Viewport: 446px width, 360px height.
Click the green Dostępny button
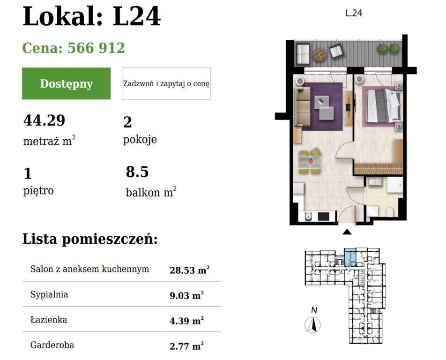pos(66,83)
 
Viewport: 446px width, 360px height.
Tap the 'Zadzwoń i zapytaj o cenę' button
pos(166,83)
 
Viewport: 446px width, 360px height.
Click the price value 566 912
pos(96,48)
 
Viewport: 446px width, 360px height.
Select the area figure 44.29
pos(44,120)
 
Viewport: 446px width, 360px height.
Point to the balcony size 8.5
pos(137,172)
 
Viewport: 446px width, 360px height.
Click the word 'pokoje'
pos(140,140)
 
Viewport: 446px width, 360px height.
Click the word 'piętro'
pos(38,191)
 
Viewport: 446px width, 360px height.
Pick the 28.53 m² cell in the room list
pos(189,270)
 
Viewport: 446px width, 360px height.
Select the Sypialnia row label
pos(49,295)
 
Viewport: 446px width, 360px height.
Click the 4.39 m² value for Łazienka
pos(186,321)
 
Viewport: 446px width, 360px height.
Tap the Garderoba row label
pos(52,345)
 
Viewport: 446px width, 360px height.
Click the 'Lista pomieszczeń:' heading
pos(90,239)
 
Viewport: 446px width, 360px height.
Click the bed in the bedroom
pos(383,106)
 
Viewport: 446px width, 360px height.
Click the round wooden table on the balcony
pos(319,54)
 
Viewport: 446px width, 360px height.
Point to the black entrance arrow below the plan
pos(347,232)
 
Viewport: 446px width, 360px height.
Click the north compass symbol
pos(312,324)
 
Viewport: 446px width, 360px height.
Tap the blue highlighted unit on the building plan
pos(349,258)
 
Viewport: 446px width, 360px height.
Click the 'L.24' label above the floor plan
pos(354,14)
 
